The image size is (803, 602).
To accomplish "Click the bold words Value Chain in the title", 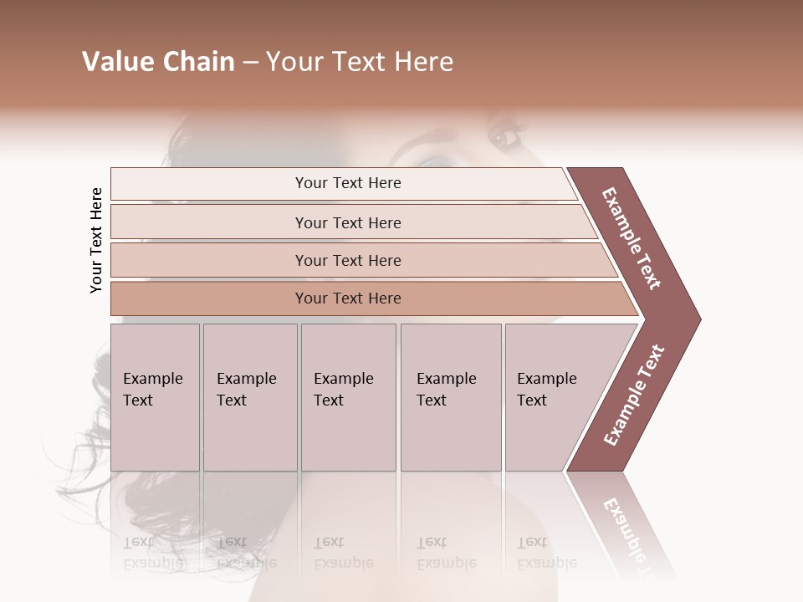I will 158,62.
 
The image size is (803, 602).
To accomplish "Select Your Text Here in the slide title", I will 360,62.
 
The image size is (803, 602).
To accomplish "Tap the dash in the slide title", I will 250,63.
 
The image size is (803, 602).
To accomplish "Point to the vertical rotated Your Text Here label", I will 96,240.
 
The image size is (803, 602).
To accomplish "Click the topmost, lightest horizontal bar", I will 347,183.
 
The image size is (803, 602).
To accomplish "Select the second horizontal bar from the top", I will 347,222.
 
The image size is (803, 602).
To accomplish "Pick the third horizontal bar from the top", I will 347,260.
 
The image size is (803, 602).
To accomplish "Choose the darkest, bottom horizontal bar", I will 347,298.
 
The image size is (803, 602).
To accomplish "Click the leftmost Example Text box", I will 155,396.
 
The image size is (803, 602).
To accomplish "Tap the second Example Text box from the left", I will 249,396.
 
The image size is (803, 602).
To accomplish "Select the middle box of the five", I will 347,396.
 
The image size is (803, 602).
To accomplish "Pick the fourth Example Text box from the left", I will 450,396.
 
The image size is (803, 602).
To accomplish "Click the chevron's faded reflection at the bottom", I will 627,527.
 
